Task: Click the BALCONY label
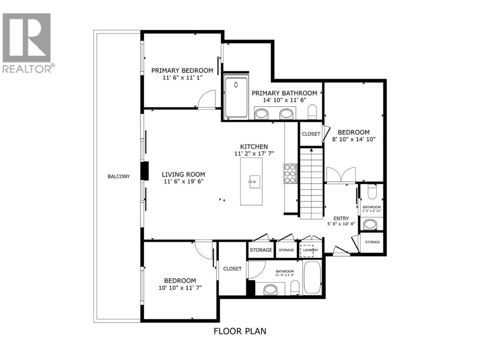click(x=118, y=176)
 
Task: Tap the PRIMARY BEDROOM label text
click(x=182, y=70)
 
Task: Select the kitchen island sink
click(x=254, y=181)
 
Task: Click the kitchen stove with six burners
click(x=290, y=174)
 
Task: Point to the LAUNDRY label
click(x=310, y=250)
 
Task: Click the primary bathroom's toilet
click(x=312, y=112)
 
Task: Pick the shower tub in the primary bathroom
click(x=236, y=98)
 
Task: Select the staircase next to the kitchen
click(x=311, y=184)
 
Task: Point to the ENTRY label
click(x=341, y=218)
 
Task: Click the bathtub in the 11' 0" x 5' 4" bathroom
click(x=312, y=277)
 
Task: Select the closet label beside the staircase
click(x=311, y=134)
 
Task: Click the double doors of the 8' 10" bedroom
click(x=341, y=174)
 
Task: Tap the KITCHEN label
click(x=254, y=147)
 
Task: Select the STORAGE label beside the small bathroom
click(x=372, y=242)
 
